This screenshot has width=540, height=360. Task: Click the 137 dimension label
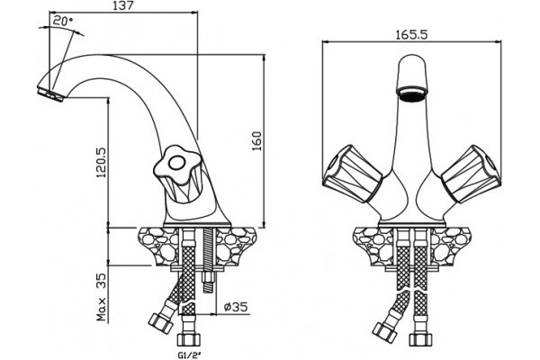coord(123,5)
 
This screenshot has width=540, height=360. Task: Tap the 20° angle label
coord(63,21)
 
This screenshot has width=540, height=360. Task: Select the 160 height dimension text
coord(256,141)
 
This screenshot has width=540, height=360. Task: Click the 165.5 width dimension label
coord(411,35)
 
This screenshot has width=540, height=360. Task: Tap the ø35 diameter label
coord(236,306)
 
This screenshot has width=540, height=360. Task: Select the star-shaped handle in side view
coord(177,166)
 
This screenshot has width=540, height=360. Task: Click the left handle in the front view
coord(352,174)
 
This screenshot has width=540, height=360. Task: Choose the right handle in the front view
coord(472,174)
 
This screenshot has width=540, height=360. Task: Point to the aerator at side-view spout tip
coord(50,94)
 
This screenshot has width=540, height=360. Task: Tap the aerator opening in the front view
coord(412,94)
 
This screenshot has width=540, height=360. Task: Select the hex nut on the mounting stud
coord(208,278)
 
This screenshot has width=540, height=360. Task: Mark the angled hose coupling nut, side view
coord(160,323)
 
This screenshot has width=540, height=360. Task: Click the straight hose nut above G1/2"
coord(189,339)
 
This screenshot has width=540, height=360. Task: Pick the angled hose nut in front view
coord(384,332)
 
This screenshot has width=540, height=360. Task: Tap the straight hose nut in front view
coord(421,339)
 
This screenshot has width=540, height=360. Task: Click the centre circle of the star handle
coord(177,163)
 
